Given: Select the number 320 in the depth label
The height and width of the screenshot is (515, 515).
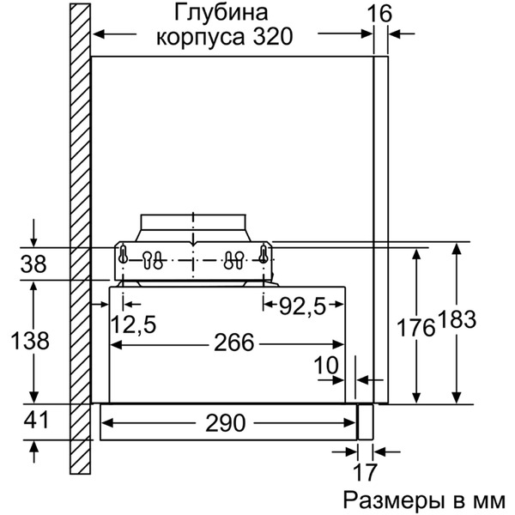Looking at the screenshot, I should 268,38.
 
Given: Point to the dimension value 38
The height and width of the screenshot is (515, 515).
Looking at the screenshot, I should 33,265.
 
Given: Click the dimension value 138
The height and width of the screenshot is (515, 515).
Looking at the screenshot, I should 33,341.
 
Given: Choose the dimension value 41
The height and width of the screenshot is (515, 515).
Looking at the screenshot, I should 33,421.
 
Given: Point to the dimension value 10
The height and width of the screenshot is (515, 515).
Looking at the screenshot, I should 326,365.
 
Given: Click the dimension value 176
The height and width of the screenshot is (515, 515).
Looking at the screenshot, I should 415,326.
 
